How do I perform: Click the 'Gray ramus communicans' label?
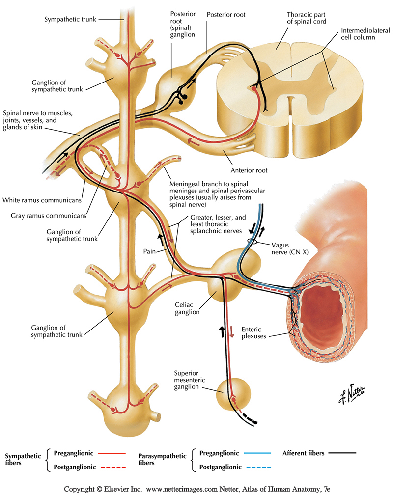tap(48, 215)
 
